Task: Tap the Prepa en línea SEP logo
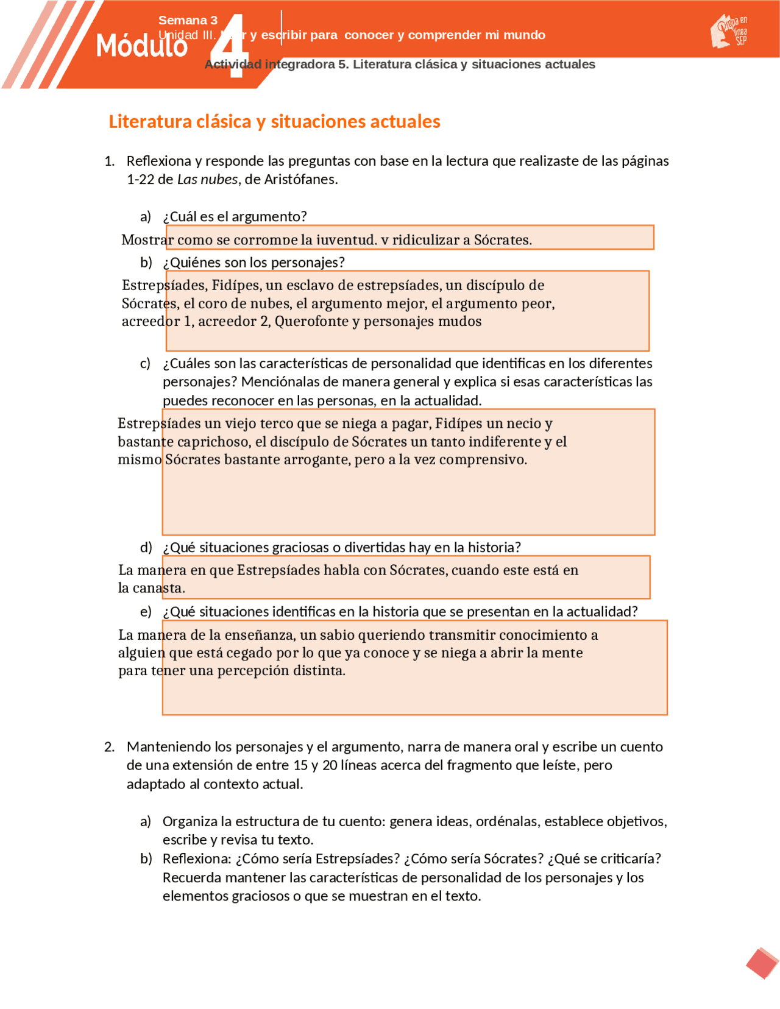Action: coord(729,31)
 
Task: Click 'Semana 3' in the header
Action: coord(188,20)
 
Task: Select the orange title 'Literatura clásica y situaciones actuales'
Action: coord(274,121)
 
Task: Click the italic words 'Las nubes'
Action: coord(207,179)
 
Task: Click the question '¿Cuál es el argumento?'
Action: coord(235,216)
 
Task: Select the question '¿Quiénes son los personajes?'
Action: coord(253,262)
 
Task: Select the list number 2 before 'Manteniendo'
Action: coord(109,747)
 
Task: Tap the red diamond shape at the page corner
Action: coord(762,963)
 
